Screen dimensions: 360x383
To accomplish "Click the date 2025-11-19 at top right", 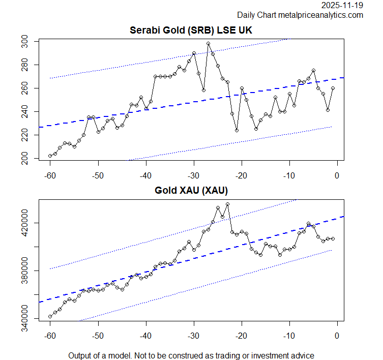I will (x=342, y=6).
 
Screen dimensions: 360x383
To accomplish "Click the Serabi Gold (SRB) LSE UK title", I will (x=191, y=31).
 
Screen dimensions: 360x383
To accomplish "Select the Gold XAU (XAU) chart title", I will (x=191, y=191).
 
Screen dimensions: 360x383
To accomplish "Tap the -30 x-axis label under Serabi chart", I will (x=193, y=176).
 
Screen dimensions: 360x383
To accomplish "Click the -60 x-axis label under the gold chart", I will (x=50, y=337).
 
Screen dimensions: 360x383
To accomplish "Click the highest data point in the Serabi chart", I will (x=208, y=44).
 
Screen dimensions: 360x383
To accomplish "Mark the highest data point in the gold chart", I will (x=227, y=204).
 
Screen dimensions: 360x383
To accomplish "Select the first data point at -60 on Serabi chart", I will (x=50, y=156).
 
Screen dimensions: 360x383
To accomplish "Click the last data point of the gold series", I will (x=333, y=238).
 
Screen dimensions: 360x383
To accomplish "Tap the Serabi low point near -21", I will (x=237, y=130).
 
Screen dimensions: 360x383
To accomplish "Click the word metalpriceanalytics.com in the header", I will (x=320, y=15).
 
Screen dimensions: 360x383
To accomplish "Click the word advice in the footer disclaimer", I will (x=303, y=355).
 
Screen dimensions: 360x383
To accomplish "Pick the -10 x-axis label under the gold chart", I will (x=289, y=337).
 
